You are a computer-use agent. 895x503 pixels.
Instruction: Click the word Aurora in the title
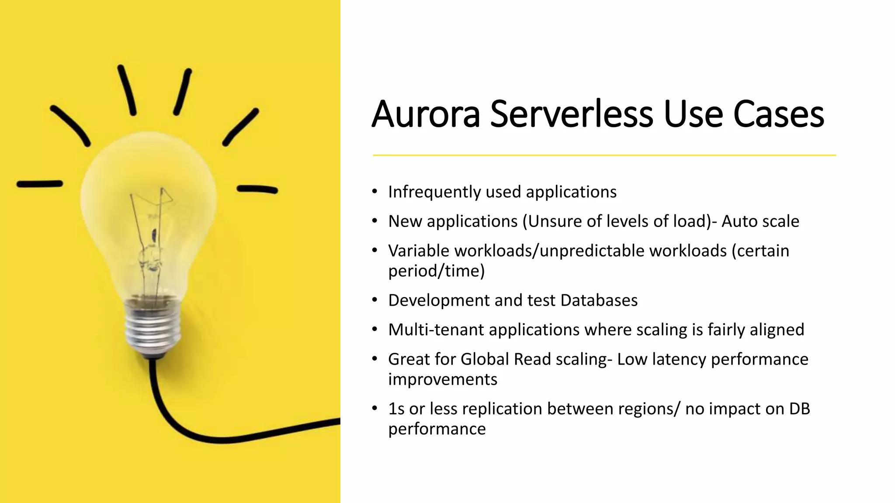tap(426, 114)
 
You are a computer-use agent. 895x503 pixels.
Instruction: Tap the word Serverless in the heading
tap(571, 114)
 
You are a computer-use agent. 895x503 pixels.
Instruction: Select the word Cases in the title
tap(778, 114)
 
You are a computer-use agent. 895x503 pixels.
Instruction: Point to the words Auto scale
tap(760, 221)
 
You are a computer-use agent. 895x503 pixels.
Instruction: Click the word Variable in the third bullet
tap(418, 251)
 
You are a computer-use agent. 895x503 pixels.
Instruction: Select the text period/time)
tap(436, 271)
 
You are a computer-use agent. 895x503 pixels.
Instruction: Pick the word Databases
tap(599, 300)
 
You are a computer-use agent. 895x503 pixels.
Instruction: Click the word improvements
tap(442, 379)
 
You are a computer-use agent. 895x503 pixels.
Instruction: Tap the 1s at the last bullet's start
tap(396, 409)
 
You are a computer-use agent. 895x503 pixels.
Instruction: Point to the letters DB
tap(799, 409)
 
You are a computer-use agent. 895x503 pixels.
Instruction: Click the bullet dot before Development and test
tap(375, 300)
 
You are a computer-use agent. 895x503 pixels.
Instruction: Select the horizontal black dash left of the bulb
tap(39, 184)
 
